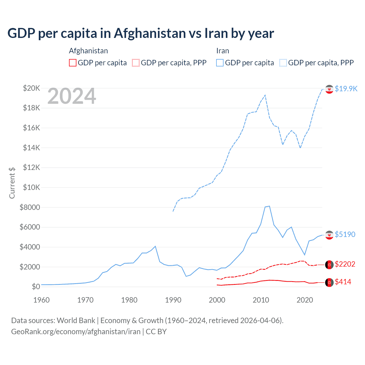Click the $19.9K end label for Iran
[346, 89]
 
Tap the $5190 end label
[345, 234]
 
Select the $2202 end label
[345, 264]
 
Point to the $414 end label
[343, 282]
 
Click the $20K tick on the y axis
[32, 88]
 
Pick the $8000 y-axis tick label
[30, 207]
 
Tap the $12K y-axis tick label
[32, 167]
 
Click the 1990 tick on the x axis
[173, 300]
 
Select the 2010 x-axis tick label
[261, 300]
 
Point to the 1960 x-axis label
[41, 300]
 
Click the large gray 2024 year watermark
[72, 96]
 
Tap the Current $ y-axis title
[12, 183]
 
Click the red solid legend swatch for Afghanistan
[73, 63]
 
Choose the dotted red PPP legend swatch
[136, 63]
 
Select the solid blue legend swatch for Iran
[220, 63]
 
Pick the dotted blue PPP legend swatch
[283, 63]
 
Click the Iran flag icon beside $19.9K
[329, 89]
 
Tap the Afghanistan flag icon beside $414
[329, 282]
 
